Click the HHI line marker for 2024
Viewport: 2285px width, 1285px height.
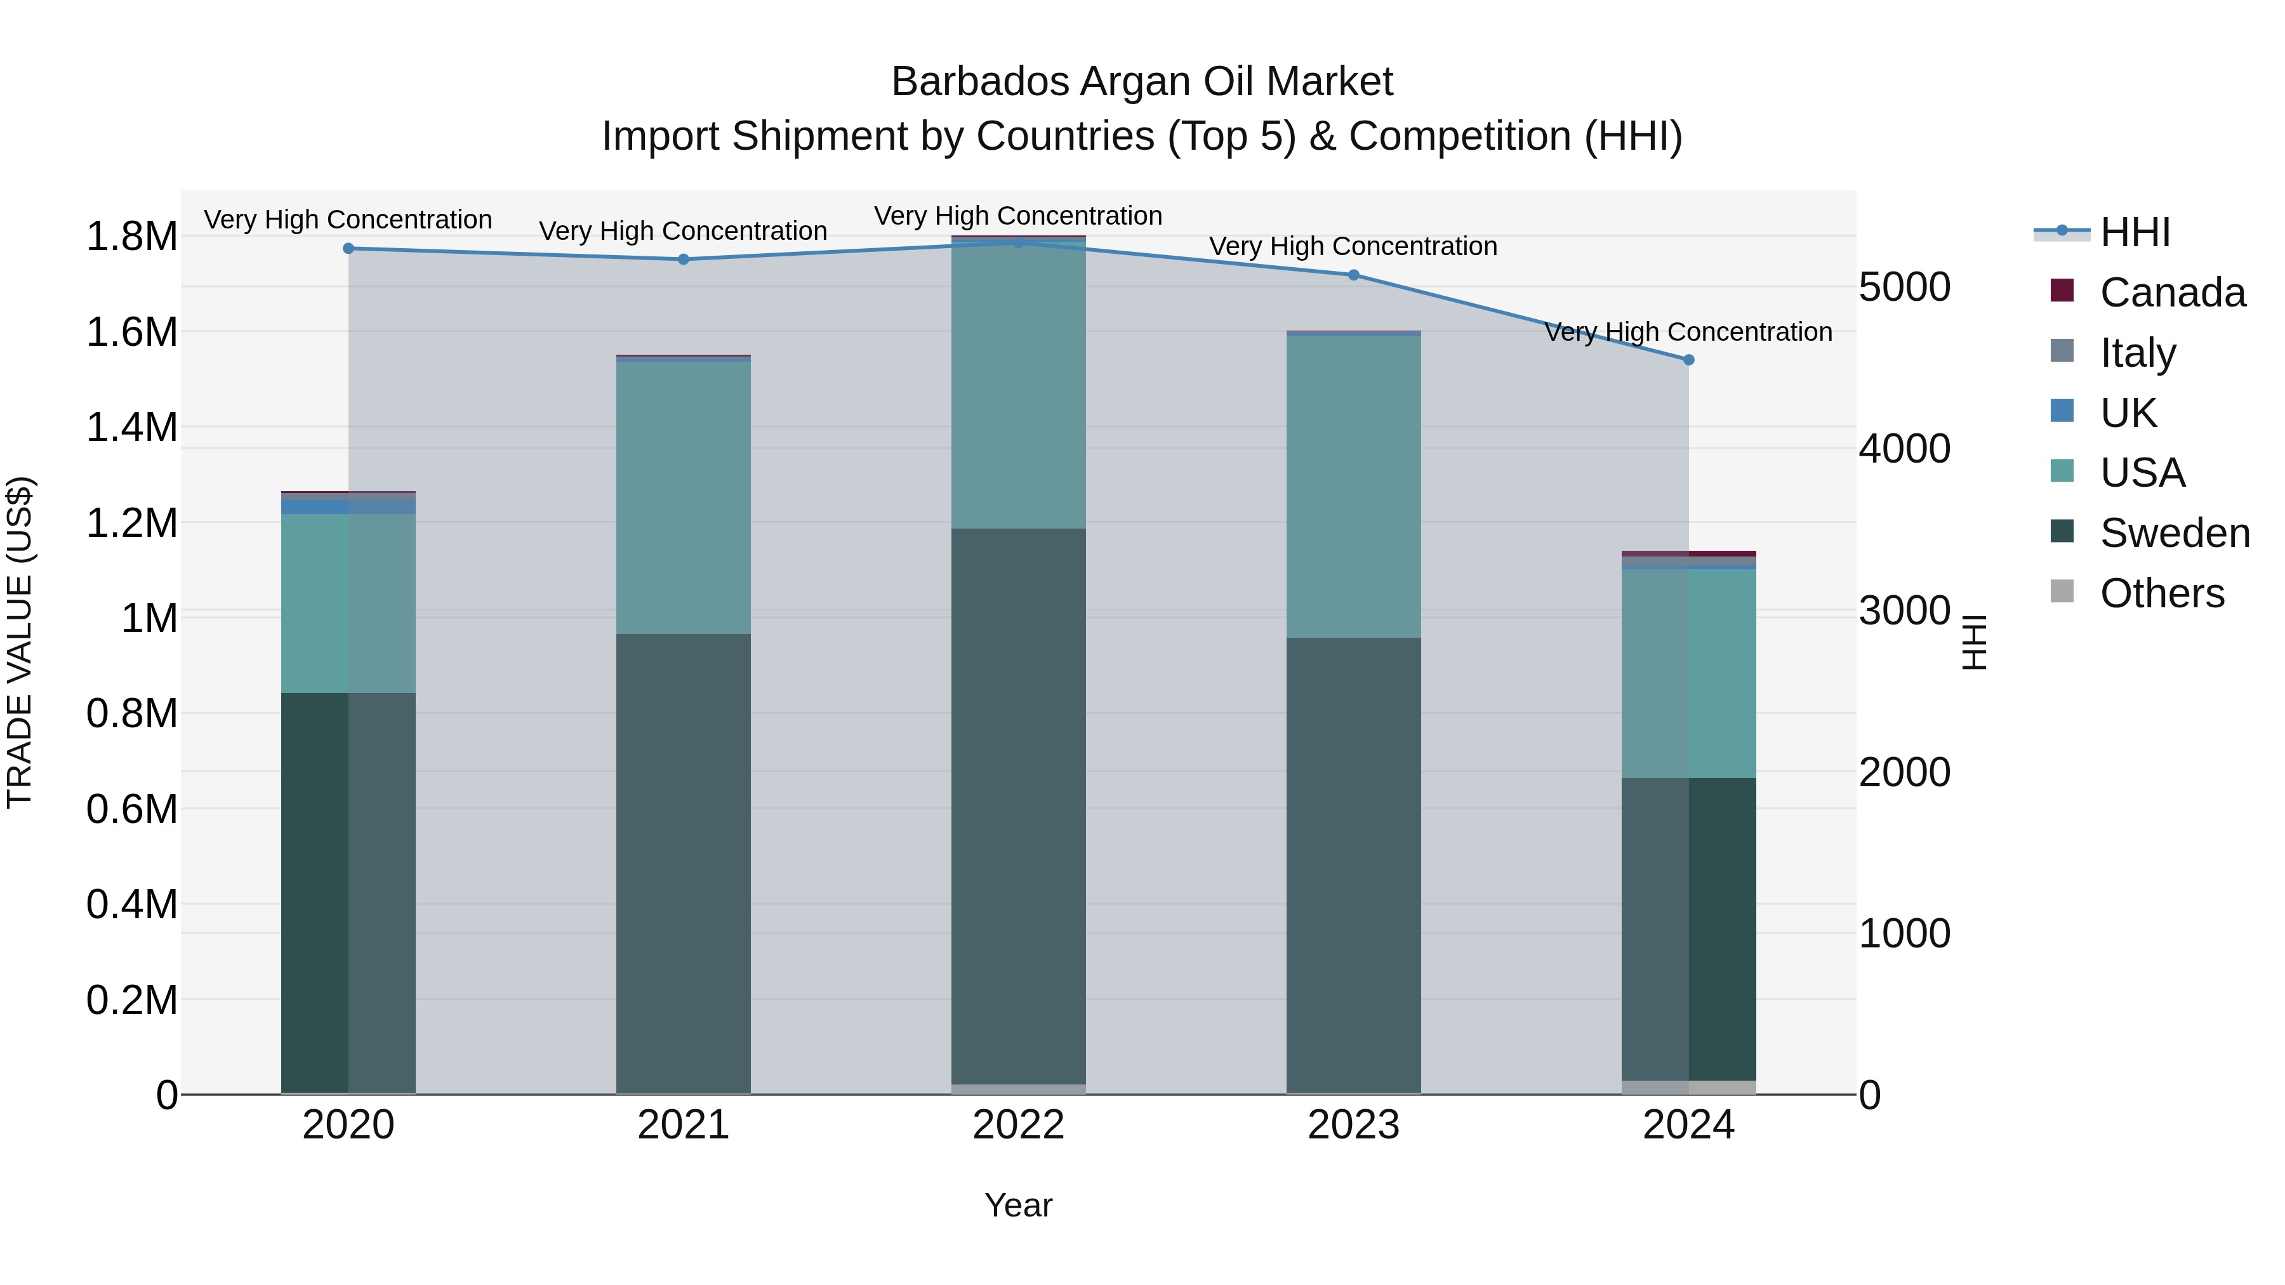coord(1688,360)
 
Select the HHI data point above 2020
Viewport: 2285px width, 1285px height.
coord(348,248)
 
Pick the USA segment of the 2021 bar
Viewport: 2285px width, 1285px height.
coord(683,497)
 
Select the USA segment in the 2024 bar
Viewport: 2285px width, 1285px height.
coord(1688,674)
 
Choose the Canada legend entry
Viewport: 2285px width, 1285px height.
coord(2171,293)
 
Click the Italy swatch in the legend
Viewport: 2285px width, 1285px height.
coord(2062,351)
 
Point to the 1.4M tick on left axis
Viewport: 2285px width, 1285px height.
coord(131,428)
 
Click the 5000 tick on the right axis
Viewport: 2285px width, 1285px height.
coord(1904,287)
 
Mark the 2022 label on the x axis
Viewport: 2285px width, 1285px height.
coord(1018,1125)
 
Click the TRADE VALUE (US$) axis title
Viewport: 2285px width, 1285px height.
coord(20,642)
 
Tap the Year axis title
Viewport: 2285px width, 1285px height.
coord(1018,1205)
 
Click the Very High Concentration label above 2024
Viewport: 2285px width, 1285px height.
coord(1688,332)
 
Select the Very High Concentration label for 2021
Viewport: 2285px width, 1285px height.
coord(683,230)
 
